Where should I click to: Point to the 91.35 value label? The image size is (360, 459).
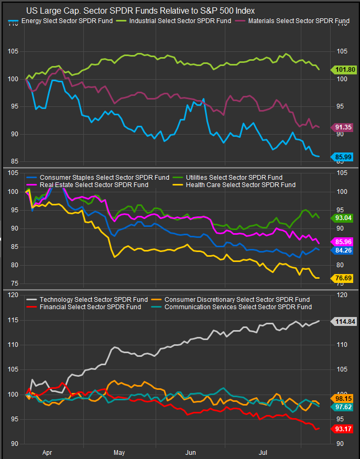click(x=343, y=127)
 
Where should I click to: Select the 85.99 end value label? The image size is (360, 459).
click(x=343, y=156)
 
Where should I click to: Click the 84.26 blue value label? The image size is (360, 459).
click(x=343, y=250)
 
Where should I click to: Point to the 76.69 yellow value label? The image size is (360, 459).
click(x=343, y=278)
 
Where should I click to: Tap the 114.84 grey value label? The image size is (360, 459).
click(x=343, y=321)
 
